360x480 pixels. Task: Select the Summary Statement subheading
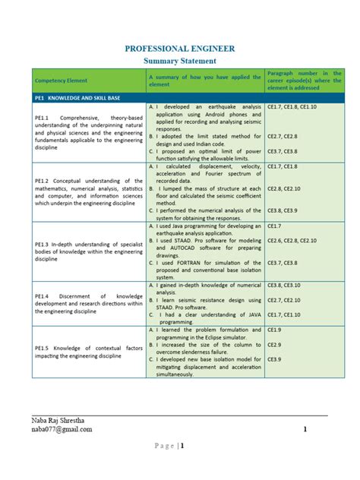click(179, 61)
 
